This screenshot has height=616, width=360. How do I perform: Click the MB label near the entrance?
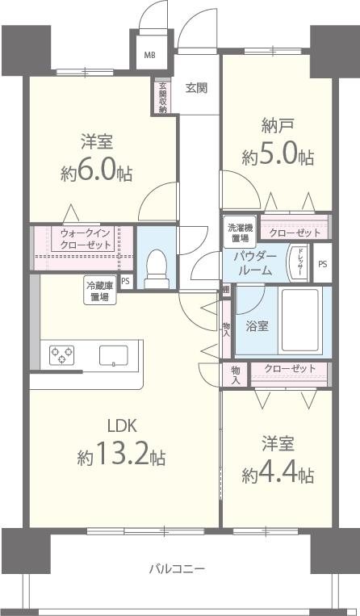150,56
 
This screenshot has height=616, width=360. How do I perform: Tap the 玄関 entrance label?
196,87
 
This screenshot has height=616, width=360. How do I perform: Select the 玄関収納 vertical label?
162,97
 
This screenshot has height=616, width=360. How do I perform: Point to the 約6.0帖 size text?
95,172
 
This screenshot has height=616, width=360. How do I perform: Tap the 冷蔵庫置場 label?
101,290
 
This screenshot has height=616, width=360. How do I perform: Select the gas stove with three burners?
63,355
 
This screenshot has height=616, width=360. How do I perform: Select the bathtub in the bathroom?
300,321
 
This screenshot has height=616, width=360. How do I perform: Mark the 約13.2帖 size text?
122,456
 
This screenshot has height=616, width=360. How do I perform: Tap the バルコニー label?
177,568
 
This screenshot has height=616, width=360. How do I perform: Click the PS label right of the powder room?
323,264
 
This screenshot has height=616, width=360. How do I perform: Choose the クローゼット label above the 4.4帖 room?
290,371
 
